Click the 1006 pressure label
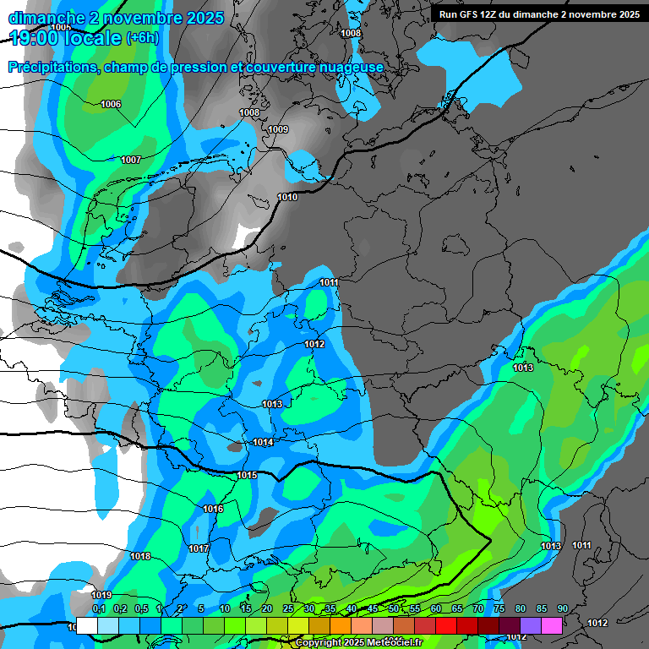coord(111,105)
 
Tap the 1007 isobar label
coord(131,160)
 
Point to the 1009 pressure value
coord(278,129)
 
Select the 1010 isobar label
coord(287,197)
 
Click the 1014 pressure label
coord(263,443)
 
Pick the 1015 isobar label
coord(247,476)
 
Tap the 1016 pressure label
coord(213,509)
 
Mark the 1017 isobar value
coord(199,548)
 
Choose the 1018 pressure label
coord(140,556)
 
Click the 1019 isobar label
coord(102,595)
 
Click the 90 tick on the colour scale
coord(562,608)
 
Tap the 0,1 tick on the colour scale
coord(98,608)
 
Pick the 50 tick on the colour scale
coord(394,608)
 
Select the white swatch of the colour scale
coord(86,624)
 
